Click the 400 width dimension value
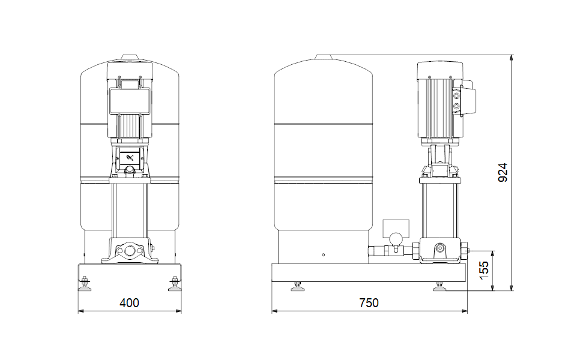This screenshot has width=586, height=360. pos(129,302)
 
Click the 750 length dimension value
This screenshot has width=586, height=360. pos(369,302)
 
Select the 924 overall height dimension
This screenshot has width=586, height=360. pos(503,173)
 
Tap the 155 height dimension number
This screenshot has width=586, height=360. pos(483,271)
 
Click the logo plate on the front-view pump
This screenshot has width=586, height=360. pos(129,157)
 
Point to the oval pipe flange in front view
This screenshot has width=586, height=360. pos(129,251)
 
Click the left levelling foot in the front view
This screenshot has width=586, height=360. pos(85,284)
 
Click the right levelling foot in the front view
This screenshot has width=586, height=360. pos(174,284)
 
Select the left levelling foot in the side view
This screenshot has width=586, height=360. pos(297,286)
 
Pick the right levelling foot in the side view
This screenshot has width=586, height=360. pos(439,286)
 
